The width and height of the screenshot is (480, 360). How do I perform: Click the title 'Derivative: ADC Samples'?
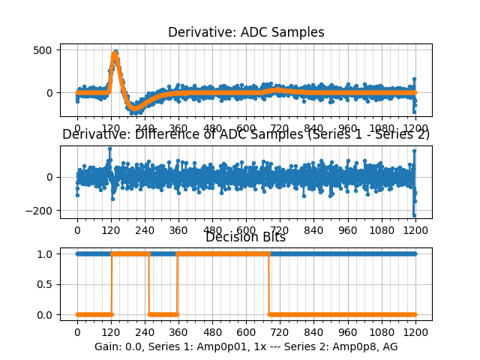pyautogui.click(x=246, y=32)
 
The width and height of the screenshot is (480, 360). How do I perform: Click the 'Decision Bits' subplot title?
pyautogui.click(x=246, y=238)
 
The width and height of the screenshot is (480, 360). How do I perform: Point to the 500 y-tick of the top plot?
pyautogui.click(x=44, y=50)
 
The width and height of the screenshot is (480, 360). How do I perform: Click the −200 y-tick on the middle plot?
pyautogui.click(x=39, y=211)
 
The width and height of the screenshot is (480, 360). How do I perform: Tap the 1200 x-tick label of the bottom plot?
pyautogui.click(x=415, y=331)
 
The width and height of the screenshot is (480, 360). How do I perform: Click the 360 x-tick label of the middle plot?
pyautogui.click(x=178, y=231)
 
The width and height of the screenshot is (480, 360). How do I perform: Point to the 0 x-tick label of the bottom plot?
pyautogui.click(x=77, y=331)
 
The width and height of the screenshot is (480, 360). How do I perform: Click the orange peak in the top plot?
pyautogui.click(x=115, y=54)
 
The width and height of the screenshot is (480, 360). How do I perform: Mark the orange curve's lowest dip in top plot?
pyautogui.click(x=134, y=108)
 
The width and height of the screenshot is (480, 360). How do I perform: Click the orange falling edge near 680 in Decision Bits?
pyautogui.click(x=269, y=284)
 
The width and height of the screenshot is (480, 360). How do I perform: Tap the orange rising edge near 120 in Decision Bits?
pyautogui.click(x=112, y=284)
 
